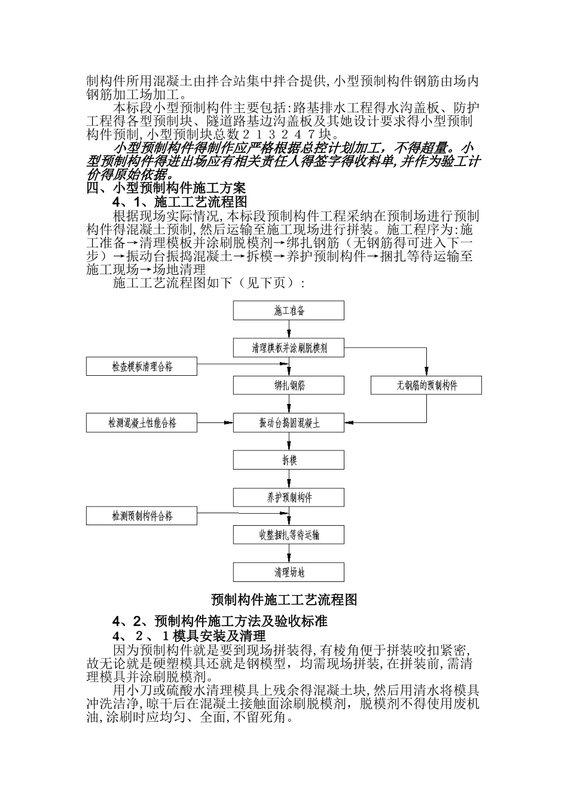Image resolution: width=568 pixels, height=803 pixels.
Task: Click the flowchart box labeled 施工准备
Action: pyautogui.click(x=289, y=311)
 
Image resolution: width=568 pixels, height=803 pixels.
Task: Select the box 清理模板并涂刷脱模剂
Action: pyautogui.click(x=289, y=348)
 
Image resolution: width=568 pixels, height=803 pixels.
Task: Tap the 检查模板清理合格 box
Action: pyautogui.click(x=142, y=366)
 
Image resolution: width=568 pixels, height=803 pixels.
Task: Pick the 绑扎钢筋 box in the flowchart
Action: pyautogui.click(x=289, y=385)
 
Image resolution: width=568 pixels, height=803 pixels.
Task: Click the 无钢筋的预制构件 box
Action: pyautogui.click(x=426, y=385)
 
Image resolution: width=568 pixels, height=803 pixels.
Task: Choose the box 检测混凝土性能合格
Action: pyautogui.click(x=142, y=423)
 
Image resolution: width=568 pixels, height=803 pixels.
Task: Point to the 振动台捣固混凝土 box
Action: pyautogui.click(x=289, y=423)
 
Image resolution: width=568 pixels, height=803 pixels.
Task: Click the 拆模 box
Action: pyautogui.click(x=289, y=460)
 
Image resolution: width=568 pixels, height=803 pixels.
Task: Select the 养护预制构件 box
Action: pyautogui.click(x=289, y=497)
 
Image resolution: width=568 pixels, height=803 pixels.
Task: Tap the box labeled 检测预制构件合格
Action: pyautogui.click(x=142, y=516)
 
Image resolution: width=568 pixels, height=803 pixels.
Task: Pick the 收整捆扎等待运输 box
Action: pyautogui.click(x=289, y=535)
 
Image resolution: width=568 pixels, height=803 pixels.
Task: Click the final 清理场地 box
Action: pyautogui.click(x=289, y=572)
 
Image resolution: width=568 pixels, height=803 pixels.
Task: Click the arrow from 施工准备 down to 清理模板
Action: pyautogui.click(x=289, y=329)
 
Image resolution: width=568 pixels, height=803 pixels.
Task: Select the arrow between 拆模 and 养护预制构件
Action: pyautogui.click(x=289, y=479)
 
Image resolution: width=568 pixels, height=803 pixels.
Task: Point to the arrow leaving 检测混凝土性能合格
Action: pyautogui.click(x=215, y=423)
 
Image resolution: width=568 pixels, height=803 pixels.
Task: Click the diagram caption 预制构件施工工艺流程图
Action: pyautogui.click(x=284, y=599)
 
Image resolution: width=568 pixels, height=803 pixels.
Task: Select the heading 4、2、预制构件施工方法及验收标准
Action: pyautogui.click(x=220, y=621)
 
